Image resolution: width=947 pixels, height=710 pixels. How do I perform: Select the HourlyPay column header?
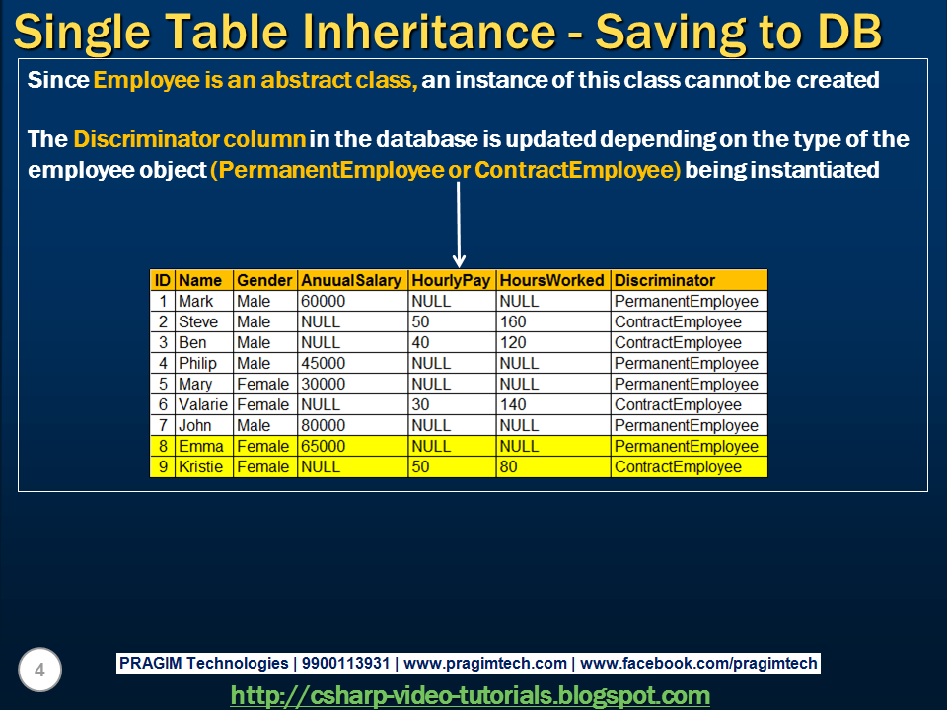click(x=451, y=280)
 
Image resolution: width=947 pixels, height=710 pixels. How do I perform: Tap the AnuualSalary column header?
click(x=351, y=280)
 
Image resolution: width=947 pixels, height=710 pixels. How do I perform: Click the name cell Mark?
click(x=195, y=301)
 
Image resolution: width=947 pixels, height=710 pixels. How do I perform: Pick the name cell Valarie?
click(x=202, y=404)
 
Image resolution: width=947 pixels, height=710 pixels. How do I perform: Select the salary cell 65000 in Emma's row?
click(x=324, y=446)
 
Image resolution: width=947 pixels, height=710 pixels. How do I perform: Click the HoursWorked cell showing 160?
click(x=514, y=321)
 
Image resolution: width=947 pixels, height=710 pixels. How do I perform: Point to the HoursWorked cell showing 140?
click(x=514, y=404)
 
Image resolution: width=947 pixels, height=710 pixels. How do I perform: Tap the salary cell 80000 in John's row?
click(x=324, y=425)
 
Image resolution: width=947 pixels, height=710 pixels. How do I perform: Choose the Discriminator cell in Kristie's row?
click(x=678, y=466)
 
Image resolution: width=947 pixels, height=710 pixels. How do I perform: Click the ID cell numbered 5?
click(x=163, y=384)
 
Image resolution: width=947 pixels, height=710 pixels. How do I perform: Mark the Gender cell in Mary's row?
click(x=263, y=384)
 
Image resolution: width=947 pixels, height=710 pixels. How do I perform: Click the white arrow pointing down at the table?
click(x=459, y=227)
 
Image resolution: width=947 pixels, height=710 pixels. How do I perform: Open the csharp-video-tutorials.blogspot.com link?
click(x=470, y=695)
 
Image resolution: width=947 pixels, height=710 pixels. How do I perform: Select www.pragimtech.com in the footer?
click(x=485, y=664)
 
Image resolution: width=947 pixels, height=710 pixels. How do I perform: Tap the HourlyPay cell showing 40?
click(x=421, y=342)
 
